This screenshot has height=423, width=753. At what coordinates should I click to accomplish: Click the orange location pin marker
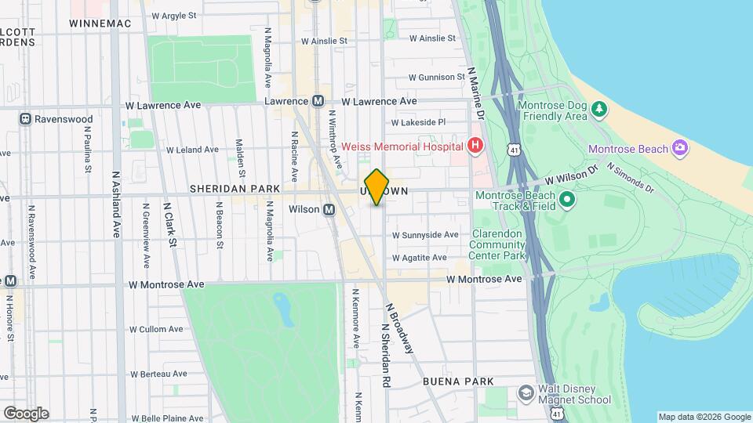(377, 186)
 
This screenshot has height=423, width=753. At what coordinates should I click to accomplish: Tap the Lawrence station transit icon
(318, 101)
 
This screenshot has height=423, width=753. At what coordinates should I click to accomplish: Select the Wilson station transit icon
(329, 209)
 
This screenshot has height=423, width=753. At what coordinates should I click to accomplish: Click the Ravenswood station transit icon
(26, 119)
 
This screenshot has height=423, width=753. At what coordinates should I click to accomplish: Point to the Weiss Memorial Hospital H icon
(474, 145)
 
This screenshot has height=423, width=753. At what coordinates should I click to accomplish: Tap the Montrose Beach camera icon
(679, 148)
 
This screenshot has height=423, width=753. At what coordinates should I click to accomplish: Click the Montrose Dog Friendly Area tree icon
(599, 108)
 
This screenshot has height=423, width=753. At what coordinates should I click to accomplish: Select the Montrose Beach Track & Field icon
(567, 200)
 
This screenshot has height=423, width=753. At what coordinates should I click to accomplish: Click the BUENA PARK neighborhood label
(458, 381)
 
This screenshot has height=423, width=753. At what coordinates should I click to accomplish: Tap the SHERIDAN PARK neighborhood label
(224, 190)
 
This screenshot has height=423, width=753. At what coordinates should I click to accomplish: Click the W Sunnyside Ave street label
(425, 235)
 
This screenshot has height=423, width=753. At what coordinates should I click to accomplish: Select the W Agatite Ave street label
(419, 258)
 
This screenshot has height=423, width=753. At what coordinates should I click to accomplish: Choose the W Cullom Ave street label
(155, 330)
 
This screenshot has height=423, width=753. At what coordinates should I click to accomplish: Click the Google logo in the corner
(26, 413)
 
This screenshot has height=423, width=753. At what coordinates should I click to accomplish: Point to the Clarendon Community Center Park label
(497, 244)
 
